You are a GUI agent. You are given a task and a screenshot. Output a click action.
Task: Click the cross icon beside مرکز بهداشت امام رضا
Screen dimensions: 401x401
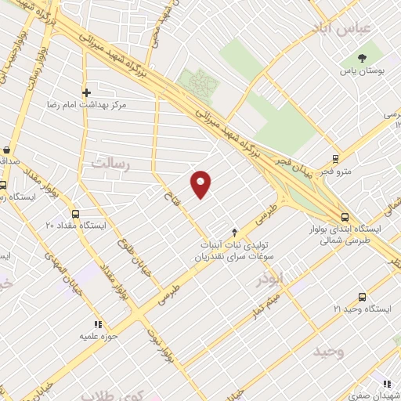point(86,92)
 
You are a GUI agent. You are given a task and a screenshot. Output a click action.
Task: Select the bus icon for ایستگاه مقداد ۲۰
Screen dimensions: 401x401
point(75,213)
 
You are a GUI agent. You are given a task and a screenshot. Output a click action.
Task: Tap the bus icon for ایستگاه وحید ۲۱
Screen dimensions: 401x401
point(361,298)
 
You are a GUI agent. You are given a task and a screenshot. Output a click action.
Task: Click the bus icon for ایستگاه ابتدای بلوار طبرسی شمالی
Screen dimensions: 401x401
point(345,217)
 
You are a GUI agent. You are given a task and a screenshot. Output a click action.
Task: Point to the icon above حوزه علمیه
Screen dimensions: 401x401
point(98,323)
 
